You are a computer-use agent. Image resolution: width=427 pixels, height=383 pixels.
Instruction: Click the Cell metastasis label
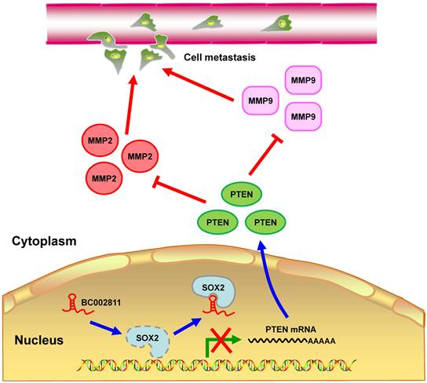coord(221,57)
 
